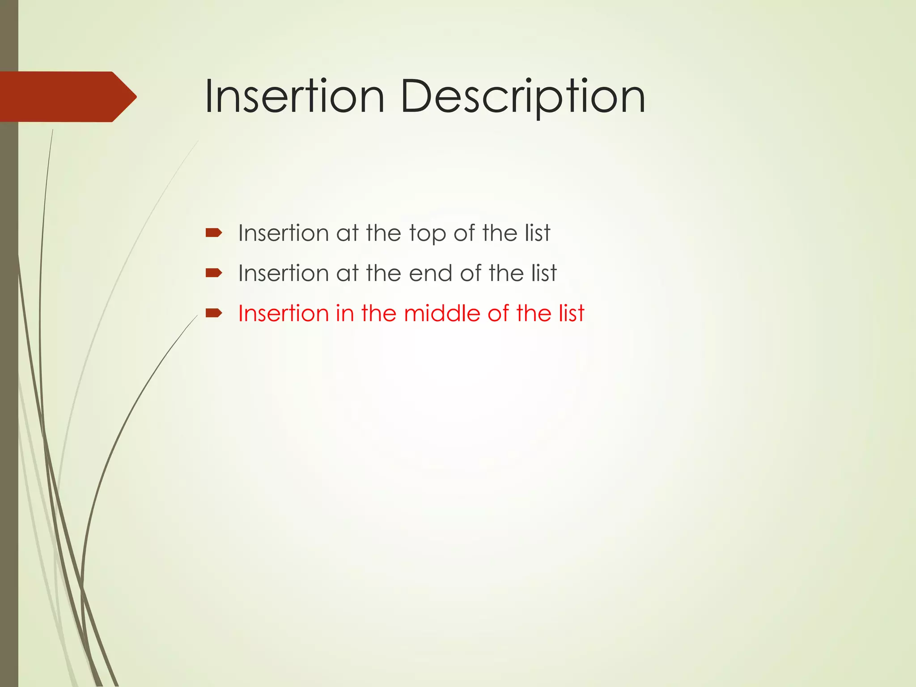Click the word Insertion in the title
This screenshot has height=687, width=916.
294,97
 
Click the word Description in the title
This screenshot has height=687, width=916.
522,97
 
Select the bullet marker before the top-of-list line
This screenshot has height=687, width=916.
213,233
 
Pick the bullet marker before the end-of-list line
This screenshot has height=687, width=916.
213,273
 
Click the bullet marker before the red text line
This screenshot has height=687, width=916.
213,313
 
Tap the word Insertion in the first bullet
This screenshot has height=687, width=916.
283,233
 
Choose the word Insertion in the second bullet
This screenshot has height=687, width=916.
283,273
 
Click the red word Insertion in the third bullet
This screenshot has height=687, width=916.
283,313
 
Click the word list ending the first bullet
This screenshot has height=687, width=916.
537,233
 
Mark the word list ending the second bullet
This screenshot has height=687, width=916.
544,273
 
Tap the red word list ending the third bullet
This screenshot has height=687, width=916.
571,313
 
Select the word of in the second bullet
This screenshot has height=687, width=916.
471,273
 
